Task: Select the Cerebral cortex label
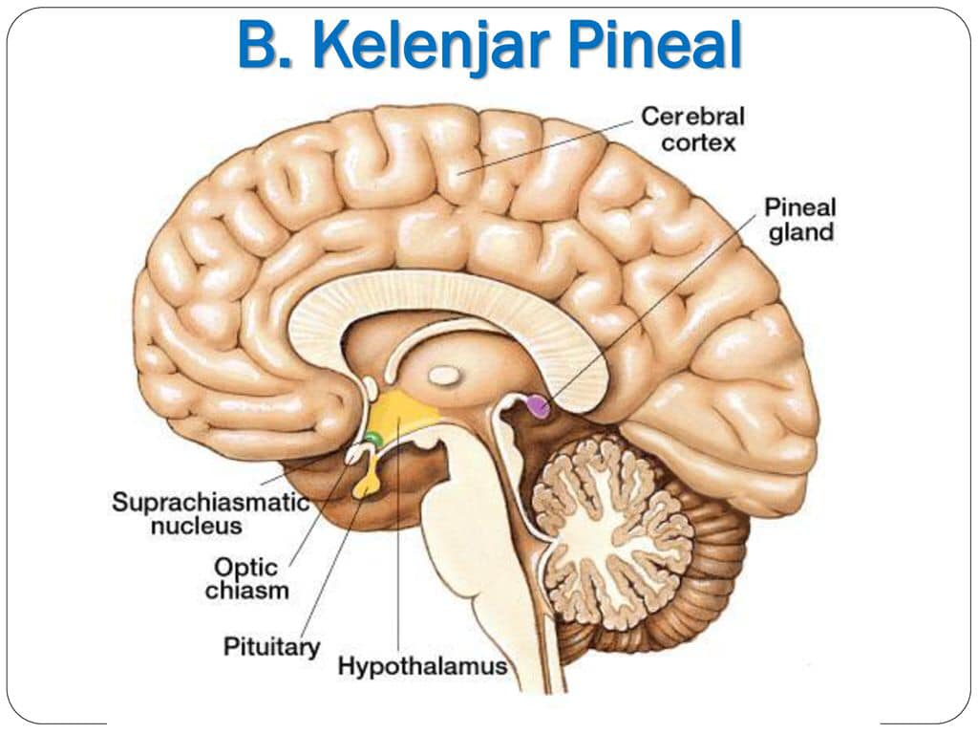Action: click(x=693, y=129)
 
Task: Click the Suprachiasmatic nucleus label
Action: click(x=211, y=513)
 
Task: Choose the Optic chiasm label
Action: click(x=247, y=578)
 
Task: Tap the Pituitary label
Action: click(x=271, y=647)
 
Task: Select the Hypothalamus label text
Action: click(x=423, y=666)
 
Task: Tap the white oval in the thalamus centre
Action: click(x=444, y=376)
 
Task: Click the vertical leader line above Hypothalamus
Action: click(x=397, y=534)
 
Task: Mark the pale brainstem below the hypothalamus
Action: click(x=480, y=550)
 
